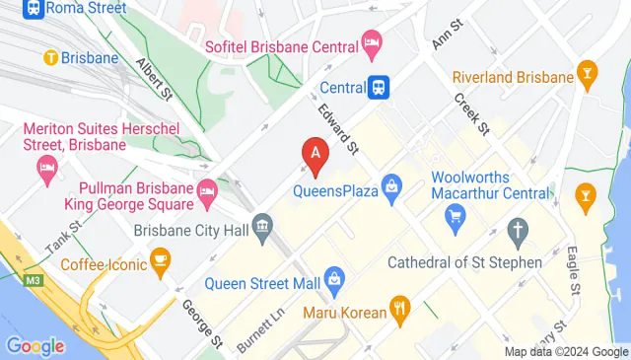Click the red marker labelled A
pos(315,156)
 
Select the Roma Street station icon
pos(34,8)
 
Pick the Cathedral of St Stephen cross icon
pos(517,233)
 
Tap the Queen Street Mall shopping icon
pos(334,280)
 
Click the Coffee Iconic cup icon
pos(159,260)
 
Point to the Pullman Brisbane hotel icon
pos(207,191)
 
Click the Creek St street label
pos(471,112)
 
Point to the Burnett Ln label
pos(259,329)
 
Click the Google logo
pos(35,346)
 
